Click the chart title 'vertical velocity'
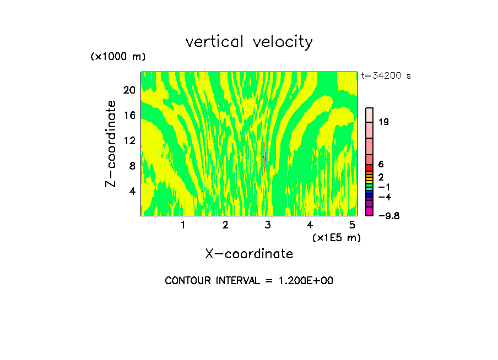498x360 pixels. [249, 42]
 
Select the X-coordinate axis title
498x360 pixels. [249, 253]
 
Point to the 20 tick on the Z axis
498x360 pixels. [129, 90]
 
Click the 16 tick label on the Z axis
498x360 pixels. [129, 115]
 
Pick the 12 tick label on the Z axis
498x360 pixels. [129, 140]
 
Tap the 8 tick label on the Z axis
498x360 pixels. [132, 166]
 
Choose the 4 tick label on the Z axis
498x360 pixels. [132, 191]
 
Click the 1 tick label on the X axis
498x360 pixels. [183, 225]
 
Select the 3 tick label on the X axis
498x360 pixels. [268, 225]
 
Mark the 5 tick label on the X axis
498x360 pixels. [352, 225]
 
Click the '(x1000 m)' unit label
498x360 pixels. [118, 57]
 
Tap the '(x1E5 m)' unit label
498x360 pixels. [336, 237]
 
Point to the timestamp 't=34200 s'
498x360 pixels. [386, 76]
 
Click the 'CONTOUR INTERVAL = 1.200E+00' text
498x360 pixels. [249, 281]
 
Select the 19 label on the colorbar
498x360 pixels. [384, 122]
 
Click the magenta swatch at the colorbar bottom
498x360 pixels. [370, 211]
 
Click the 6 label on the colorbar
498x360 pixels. [381, 164]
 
